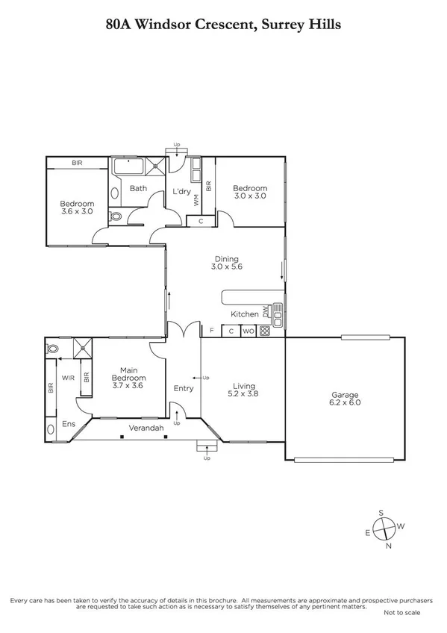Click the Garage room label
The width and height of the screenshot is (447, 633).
point(345,395)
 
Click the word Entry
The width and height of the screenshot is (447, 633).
point(183,388)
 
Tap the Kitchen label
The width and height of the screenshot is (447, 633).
point(245,314)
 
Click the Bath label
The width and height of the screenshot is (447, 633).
point(138,188)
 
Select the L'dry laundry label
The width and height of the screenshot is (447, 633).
point(183,192)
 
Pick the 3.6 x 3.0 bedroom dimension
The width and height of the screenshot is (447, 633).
point(77,212)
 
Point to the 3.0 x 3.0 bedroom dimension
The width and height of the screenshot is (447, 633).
point(249,196)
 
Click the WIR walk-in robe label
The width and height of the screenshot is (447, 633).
point(67,378)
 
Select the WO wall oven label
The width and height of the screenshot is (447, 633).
point(248,331)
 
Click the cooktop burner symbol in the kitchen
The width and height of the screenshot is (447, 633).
point(264,331)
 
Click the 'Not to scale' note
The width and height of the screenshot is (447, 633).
point(402,612)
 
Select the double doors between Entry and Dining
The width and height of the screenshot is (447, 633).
point(183,328)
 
